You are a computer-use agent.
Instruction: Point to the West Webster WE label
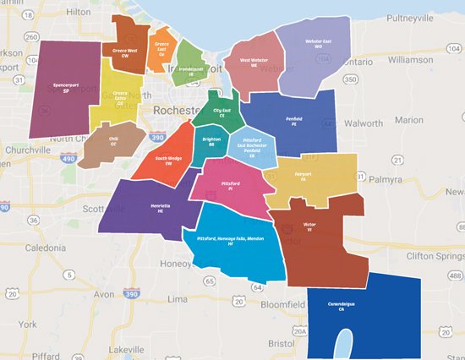click(256, 63)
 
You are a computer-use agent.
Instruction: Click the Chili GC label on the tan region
click(113, 143)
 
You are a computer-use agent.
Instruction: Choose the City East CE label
click(222, 112)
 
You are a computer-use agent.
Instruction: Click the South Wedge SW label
click(169, 161)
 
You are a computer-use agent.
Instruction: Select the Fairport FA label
click(303, 177)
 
